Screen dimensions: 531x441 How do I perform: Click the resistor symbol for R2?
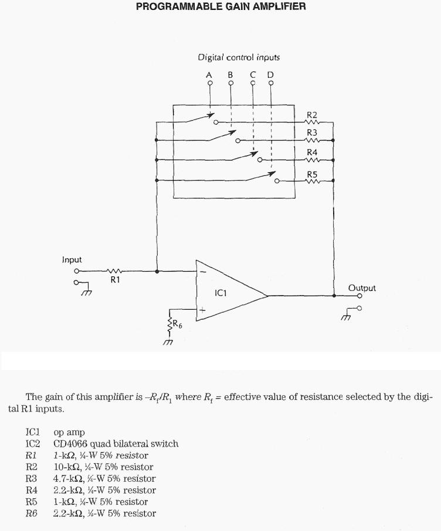(312, 123)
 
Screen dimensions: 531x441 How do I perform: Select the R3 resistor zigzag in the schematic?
(312, 141)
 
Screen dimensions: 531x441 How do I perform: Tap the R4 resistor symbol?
(312, 160)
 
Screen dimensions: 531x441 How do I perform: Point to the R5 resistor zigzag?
(312, 181)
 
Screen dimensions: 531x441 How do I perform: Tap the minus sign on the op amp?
(202, 272)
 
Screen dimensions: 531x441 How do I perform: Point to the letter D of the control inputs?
(270, 74)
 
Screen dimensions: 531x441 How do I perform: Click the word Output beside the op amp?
(362, 287)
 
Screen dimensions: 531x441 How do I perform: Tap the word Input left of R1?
(72, 259)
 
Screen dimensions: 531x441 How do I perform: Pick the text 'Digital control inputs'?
(239, 57)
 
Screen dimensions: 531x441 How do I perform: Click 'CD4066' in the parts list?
(72, 444)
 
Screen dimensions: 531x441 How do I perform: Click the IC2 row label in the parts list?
(33, 444)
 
